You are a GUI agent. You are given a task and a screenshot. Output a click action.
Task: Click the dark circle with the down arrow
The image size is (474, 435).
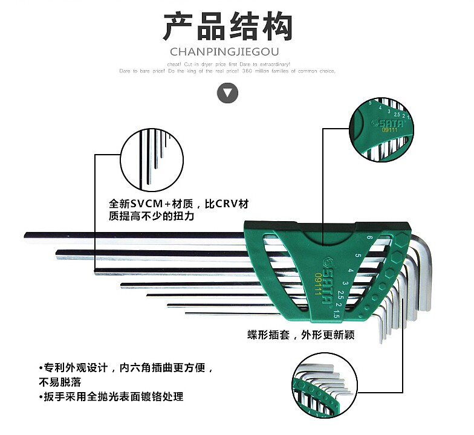pos(227,93)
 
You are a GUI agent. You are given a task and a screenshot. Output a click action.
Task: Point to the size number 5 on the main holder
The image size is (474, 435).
pos(358,257)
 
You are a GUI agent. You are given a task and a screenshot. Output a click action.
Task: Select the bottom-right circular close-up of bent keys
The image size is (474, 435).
pos(322,386)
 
